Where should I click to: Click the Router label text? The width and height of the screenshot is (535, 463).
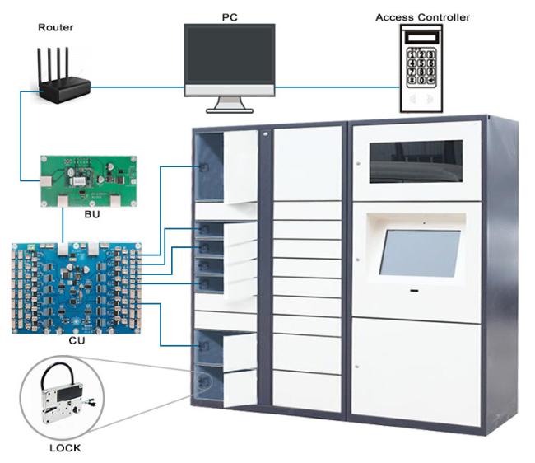point(56,27)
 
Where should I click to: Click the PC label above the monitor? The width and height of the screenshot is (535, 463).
point(230,17)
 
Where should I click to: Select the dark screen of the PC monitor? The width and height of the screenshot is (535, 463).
point(230,54)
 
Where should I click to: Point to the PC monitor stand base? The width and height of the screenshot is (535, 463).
point(230,110)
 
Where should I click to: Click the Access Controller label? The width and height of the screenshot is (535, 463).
point(423,17)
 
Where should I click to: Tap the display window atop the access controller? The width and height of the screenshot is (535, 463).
point(422,36)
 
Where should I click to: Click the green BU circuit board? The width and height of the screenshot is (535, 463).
point(89,181)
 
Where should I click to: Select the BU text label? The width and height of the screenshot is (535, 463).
point(92,214)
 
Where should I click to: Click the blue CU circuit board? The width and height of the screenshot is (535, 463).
point(77,288)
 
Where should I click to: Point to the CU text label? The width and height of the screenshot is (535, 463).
point(77,340)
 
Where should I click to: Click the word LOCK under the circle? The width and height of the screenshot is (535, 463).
point(65,448)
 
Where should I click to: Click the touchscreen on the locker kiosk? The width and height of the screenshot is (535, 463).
point(420,253)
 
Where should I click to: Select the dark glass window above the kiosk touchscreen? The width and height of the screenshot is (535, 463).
point(416,161)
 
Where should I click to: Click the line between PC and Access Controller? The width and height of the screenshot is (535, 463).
point(337,87)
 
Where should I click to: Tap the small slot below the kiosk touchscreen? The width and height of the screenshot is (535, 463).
point(415,291)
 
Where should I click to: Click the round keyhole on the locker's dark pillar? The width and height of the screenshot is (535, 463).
point(266,134)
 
